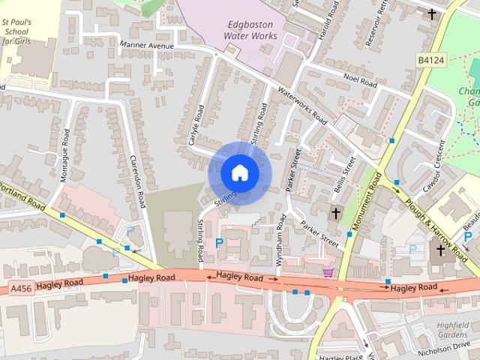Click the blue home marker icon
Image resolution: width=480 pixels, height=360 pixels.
point(239,172)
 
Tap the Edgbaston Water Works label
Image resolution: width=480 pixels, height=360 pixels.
point(252,29)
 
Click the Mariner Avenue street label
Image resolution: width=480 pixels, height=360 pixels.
point(146,46)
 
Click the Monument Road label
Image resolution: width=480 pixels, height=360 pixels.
point(368,203)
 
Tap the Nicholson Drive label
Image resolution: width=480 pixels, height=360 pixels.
point(448,349)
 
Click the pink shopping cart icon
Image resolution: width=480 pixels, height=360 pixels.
point(328,273)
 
